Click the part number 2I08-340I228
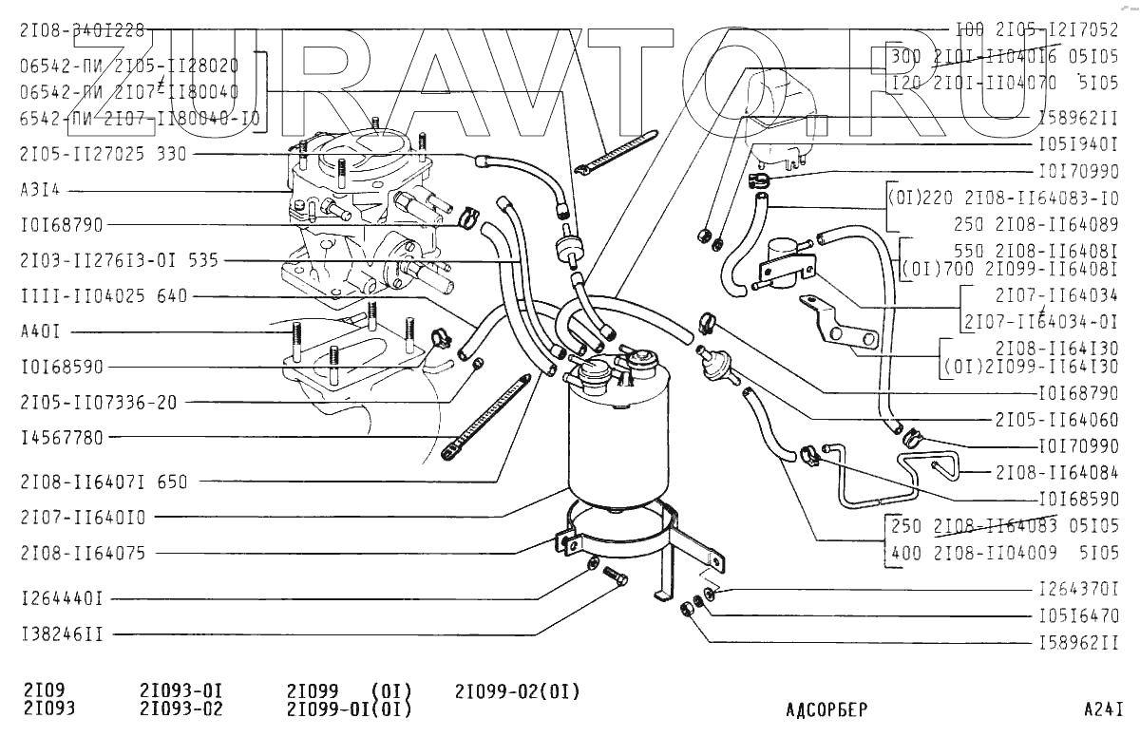(82, 30)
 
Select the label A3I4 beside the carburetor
(40, 189)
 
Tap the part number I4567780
(62, 438)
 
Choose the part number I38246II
(62, 633)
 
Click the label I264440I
(62, 599)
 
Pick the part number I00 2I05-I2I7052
(1036, 28)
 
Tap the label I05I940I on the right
(1076, 147)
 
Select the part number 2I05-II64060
(1056, 420)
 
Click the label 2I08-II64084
(1056, 471)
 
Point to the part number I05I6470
(1078, 615)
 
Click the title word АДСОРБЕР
(826, 709)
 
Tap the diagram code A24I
(1103, 709)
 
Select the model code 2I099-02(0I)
(517, 691)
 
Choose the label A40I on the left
(40, 332)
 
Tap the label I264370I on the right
(1078, 588)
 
